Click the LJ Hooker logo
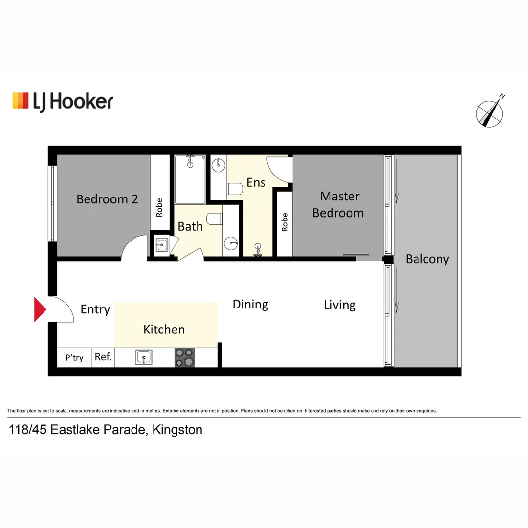[x=63, y=101]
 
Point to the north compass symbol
[x=490, y=112]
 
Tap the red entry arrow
[x=40, y=309]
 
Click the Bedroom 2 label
[x=107, y=199]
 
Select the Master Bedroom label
[x=338, y=204]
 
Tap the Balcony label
[x=427, y=259]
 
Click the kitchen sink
[x=144, y=358]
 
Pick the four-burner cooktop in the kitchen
[x=184, y=358]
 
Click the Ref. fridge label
[x=103, y=357]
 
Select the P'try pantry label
[x=74, y=358]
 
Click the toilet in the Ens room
[x=235, y=189]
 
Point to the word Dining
[x=250, y=305]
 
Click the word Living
[x=340, y=305]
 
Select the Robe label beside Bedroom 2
[x=159, y=208]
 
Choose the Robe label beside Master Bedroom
[x=285, y=222]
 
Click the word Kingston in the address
[x=177, y=430]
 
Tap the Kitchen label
[x=164, y=330]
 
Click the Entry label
[x=95, y=309]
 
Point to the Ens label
[x=256, y=182]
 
